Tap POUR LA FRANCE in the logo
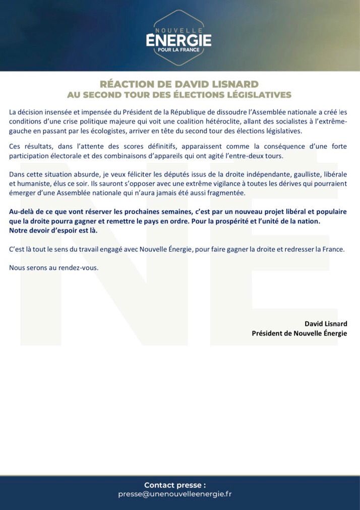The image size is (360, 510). (x=178, y=51)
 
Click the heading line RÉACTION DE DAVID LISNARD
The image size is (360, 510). (x=179, y=84)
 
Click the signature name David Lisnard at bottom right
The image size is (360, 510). (x=326, y=323)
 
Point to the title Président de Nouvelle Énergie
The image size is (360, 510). (x=299, y=333)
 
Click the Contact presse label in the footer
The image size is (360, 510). (x=175, y=485)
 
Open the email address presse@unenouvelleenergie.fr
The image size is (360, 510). (x=174, y=494)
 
